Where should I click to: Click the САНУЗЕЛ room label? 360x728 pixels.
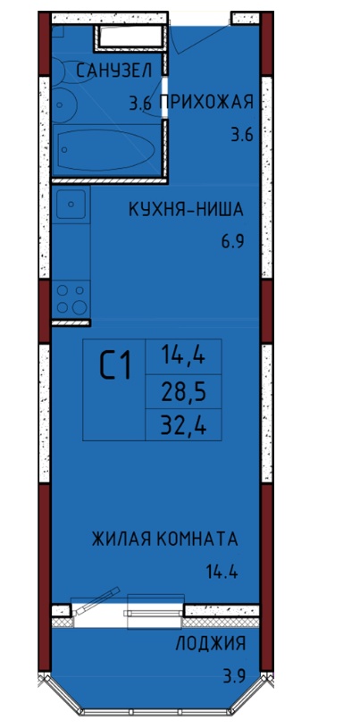click(113, 71)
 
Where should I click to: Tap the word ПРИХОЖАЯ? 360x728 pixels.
click(206, 101)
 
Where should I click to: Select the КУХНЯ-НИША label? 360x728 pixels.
click(186, 210)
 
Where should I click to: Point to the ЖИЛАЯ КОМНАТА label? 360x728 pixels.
click(165, 540)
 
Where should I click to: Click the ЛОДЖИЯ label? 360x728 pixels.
click(211, 644)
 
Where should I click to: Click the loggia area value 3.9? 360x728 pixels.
click(234, 675)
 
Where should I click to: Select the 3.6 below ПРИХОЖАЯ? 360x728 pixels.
click(242, 136)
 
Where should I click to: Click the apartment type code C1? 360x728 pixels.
click(115, 366)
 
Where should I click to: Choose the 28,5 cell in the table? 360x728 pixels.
click(183, 394)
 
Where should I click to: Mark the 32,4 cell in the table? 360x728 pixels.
click(183, 425)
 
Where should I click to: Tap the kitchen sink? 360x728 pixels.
click(71, 205)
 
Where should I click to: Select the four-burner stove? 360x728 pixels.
click(71, 299)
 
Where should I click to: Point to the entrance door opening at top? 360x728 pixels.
click(200, 19)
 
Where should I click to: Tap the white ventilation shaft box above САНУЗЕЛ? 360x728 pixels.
click(130, 38)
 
